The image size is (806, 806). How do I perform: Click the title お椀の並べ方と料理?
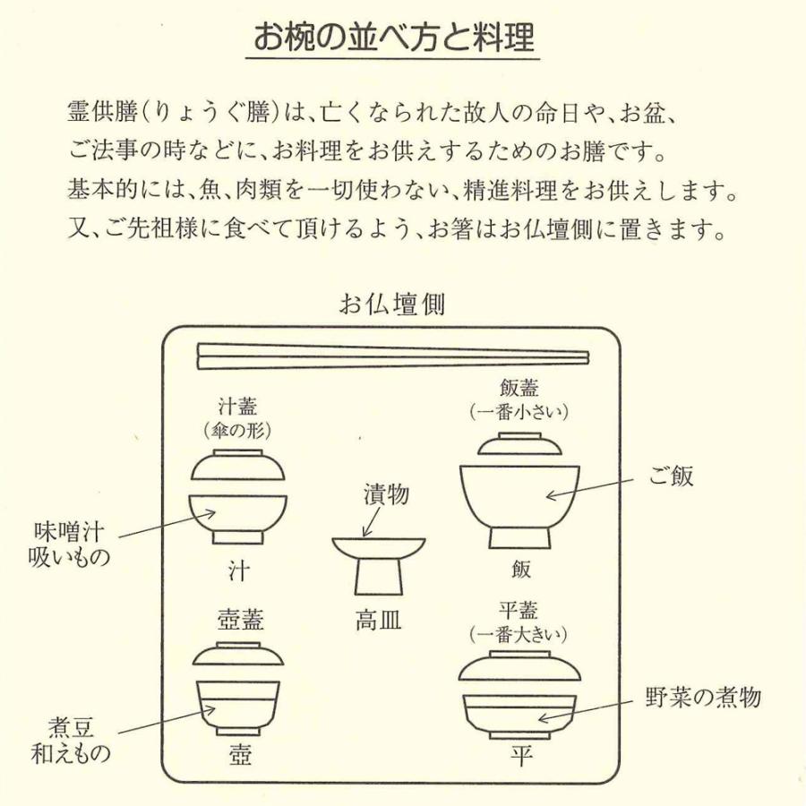(393, 38)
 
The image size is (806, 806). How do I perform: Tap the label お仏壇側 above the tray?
(391, 304)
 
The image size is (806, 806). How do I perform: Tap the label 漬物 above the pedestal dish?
(383, 493)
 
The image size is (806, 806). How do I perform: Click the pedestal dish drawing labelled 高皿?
(379, 564)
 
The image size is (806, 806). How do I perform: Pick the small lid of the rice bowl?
(519, 445)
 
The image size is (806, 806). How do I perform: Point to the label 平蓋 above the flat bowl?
(519, 612)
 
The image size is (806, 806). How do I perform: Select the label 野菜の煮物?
(703, 698)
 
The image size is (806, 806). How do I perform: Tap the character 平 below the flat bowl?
(520, 757)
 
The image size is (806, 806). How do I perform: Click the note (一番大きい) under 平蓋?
(519, 635)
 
